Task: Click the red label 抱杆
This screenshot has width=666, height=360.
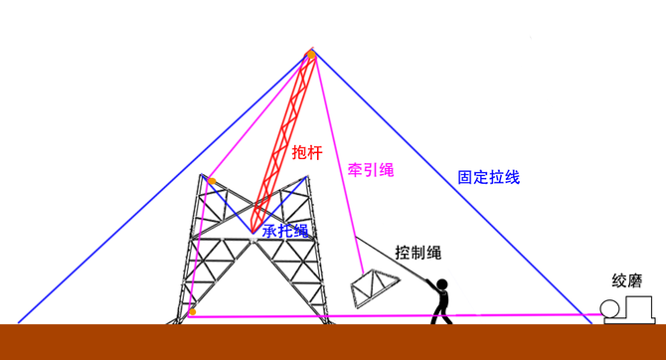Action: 306,152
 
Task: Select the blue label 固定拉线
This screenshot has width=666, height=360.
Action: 487,178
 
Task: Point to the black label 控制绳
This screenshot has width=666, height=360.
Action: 417,253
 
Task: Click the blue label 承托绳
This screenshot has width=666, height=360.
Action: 285,231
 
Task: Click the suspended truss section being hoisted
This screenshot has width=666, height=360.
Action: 376,287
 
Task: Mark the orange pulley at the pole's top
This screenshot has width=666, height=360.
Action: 311,54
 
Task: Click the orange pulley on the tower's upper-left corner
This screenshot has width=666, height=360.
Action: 211,180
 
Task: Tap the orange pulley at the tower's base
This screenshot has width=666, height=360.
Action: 192,312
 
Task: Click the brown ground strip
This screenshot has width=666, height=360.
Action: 333,342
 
